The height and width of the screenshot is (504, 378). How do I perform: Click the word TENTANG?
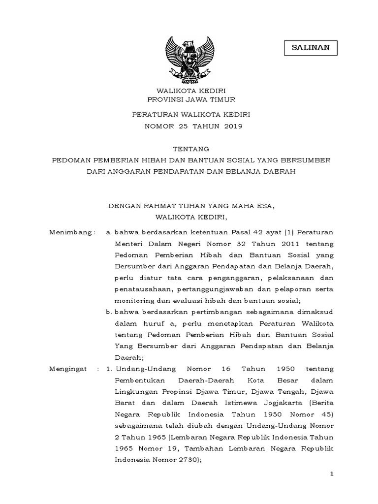[189, 149]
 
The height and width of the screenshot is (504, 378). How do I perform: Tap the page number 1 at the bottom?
[332, 473]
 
